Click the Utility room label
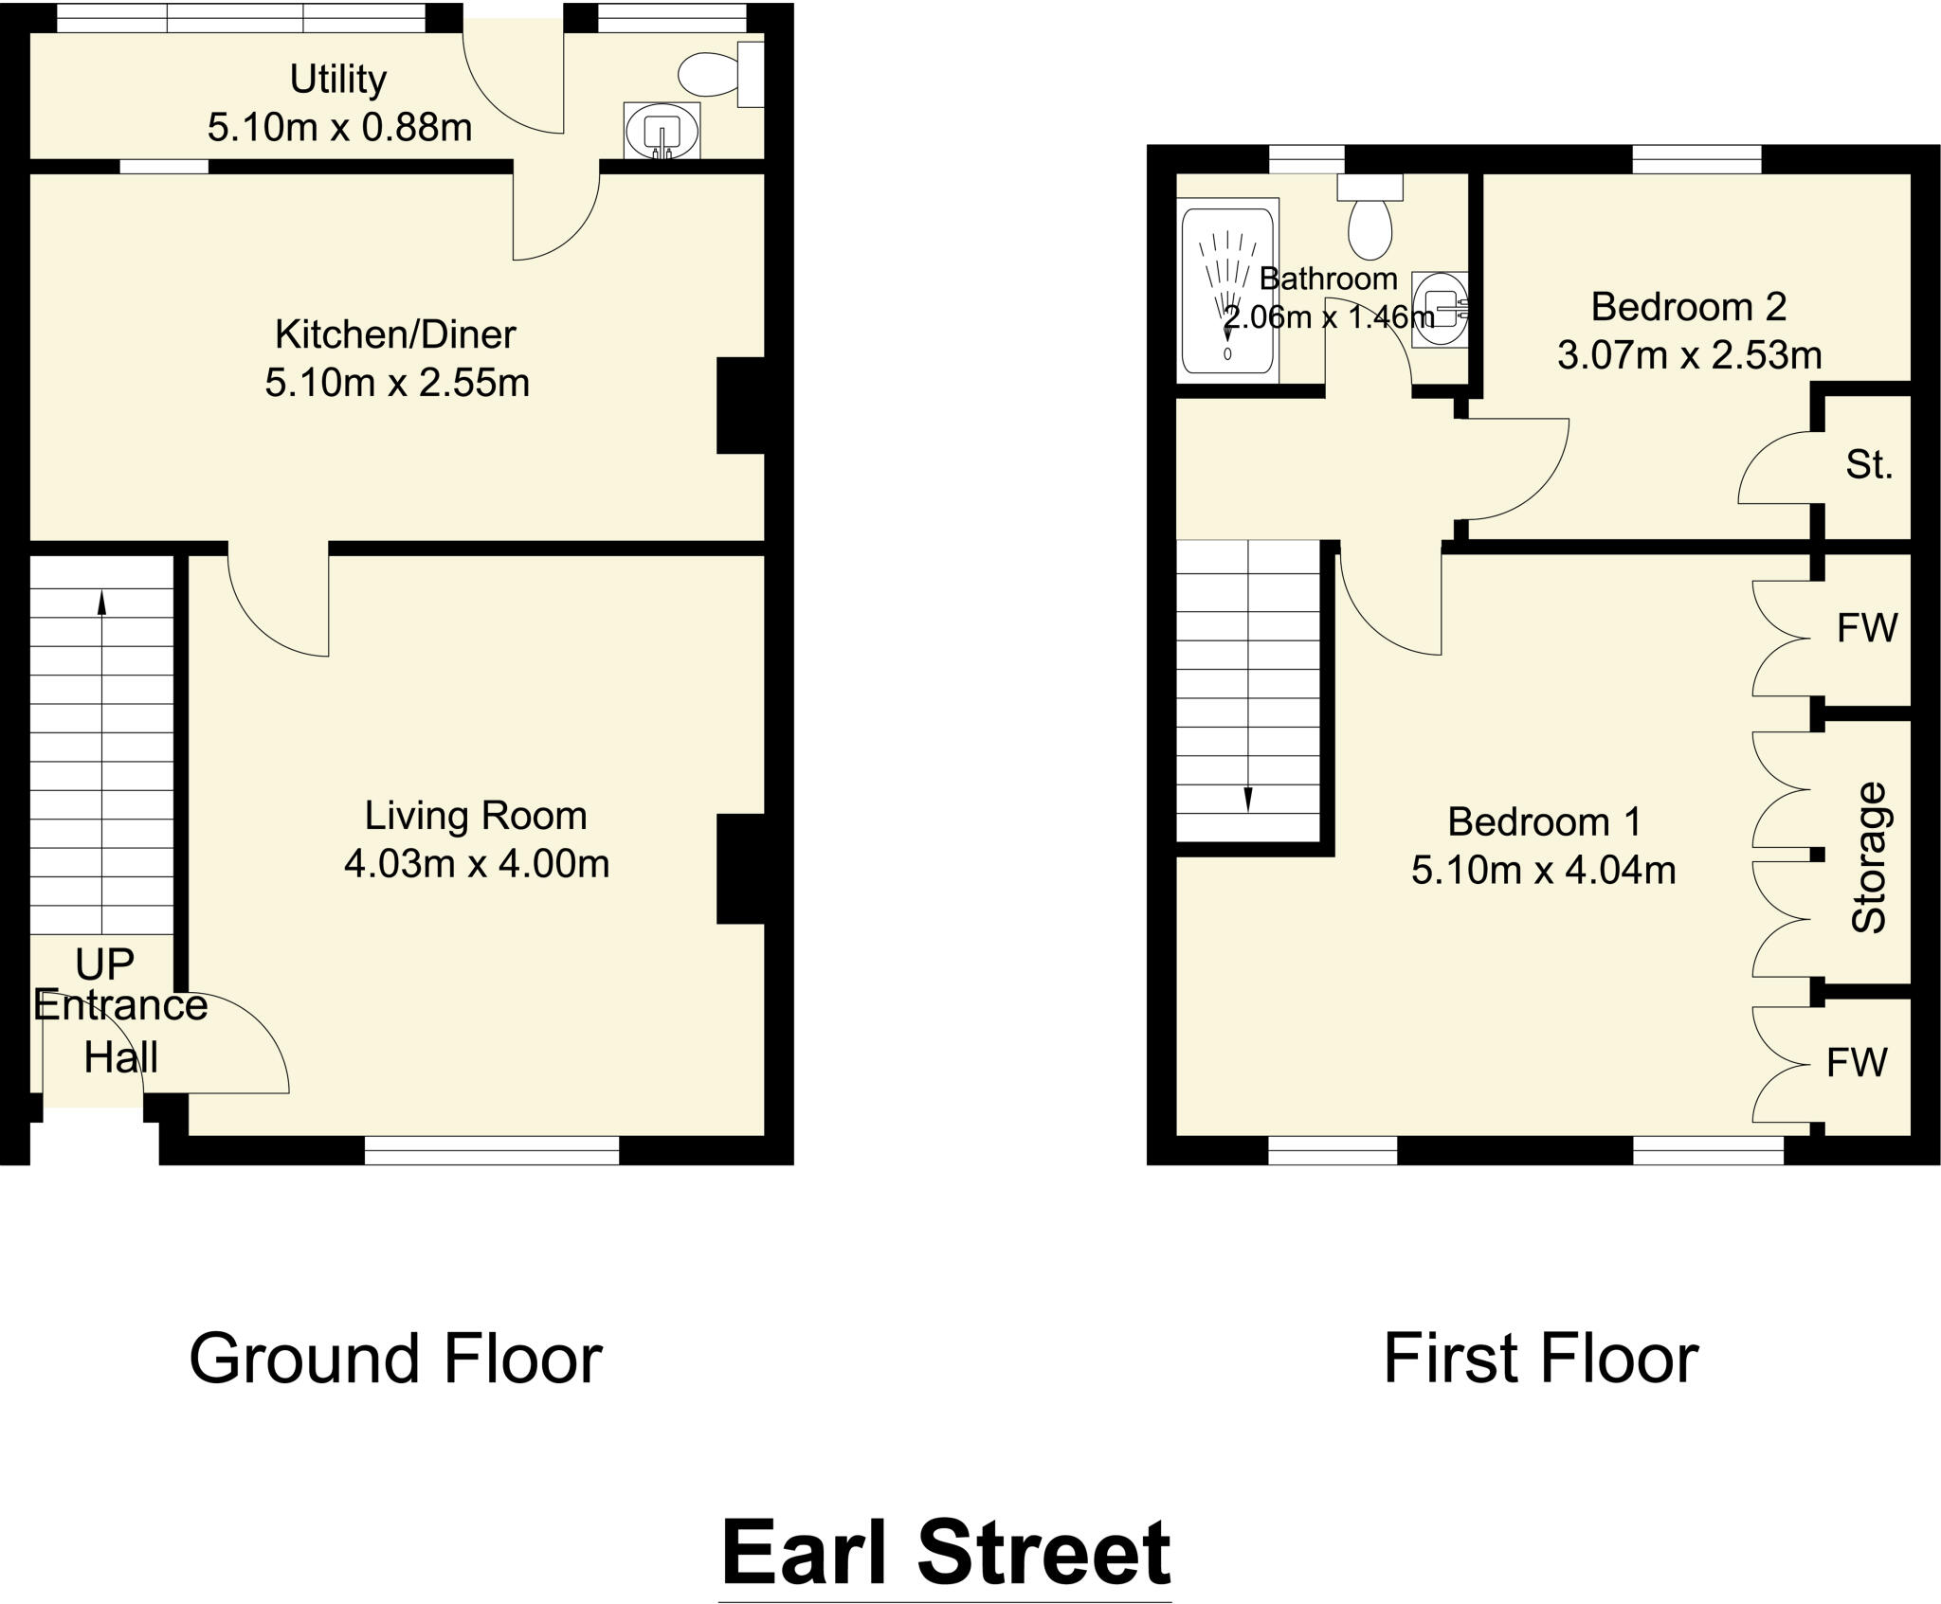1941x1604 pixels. tap(337, 80)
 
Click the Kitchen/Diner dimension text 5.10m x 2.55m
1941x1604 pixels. tap(396, 383)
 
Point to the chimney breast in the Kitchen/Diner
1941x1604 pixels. tap(740, 406)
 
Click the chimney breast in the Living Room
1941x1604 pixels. tap(740, 868)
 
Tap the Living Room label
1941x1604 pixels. tap(476, 816)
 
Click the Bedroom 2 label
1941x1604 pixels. tap(1688, 307)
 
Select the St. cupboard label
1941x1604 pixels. tap(1869, 465)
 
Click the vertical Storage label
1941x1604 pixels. tap(1869, 857)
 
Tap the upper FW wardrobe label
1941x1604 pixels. tap(1867, 628)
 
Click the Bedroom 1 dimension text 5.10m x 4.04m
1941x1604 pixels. tap(1543, 870)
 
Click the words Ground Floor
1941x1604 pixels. tap(395, 1360)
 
